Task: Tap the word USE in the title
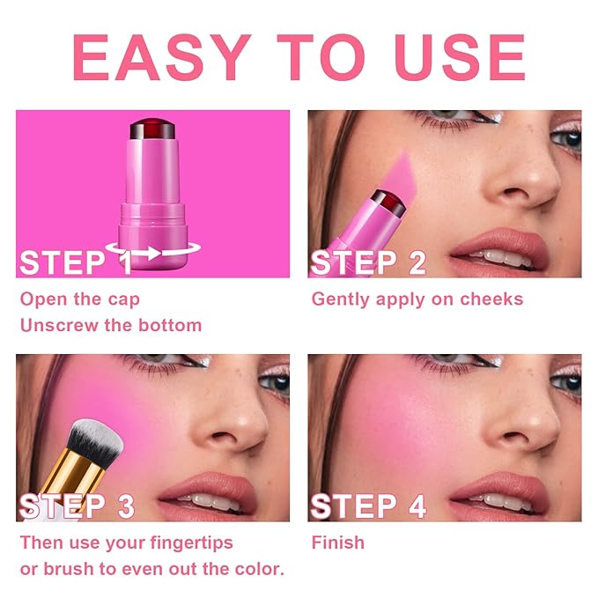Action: click(x=460, y=57)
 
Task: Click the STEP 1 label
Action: click(x=76, y=262)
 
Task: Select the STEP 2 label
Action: click(x=368, y=262)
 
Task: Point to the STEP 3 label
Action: click(x=77, y=506)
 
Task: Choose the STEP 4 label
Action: click(x=368, y=506)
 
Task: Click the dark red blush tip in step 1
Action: click(x=152, y=129)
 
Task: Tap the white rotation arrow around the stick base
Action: click(x=153, y=251)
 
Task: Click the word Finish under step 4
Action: click(x=338, y=543)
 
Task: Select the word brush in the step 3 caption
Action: click(x=69, y=569)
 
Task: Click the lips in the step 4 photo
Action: click(x=500, y=493)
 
